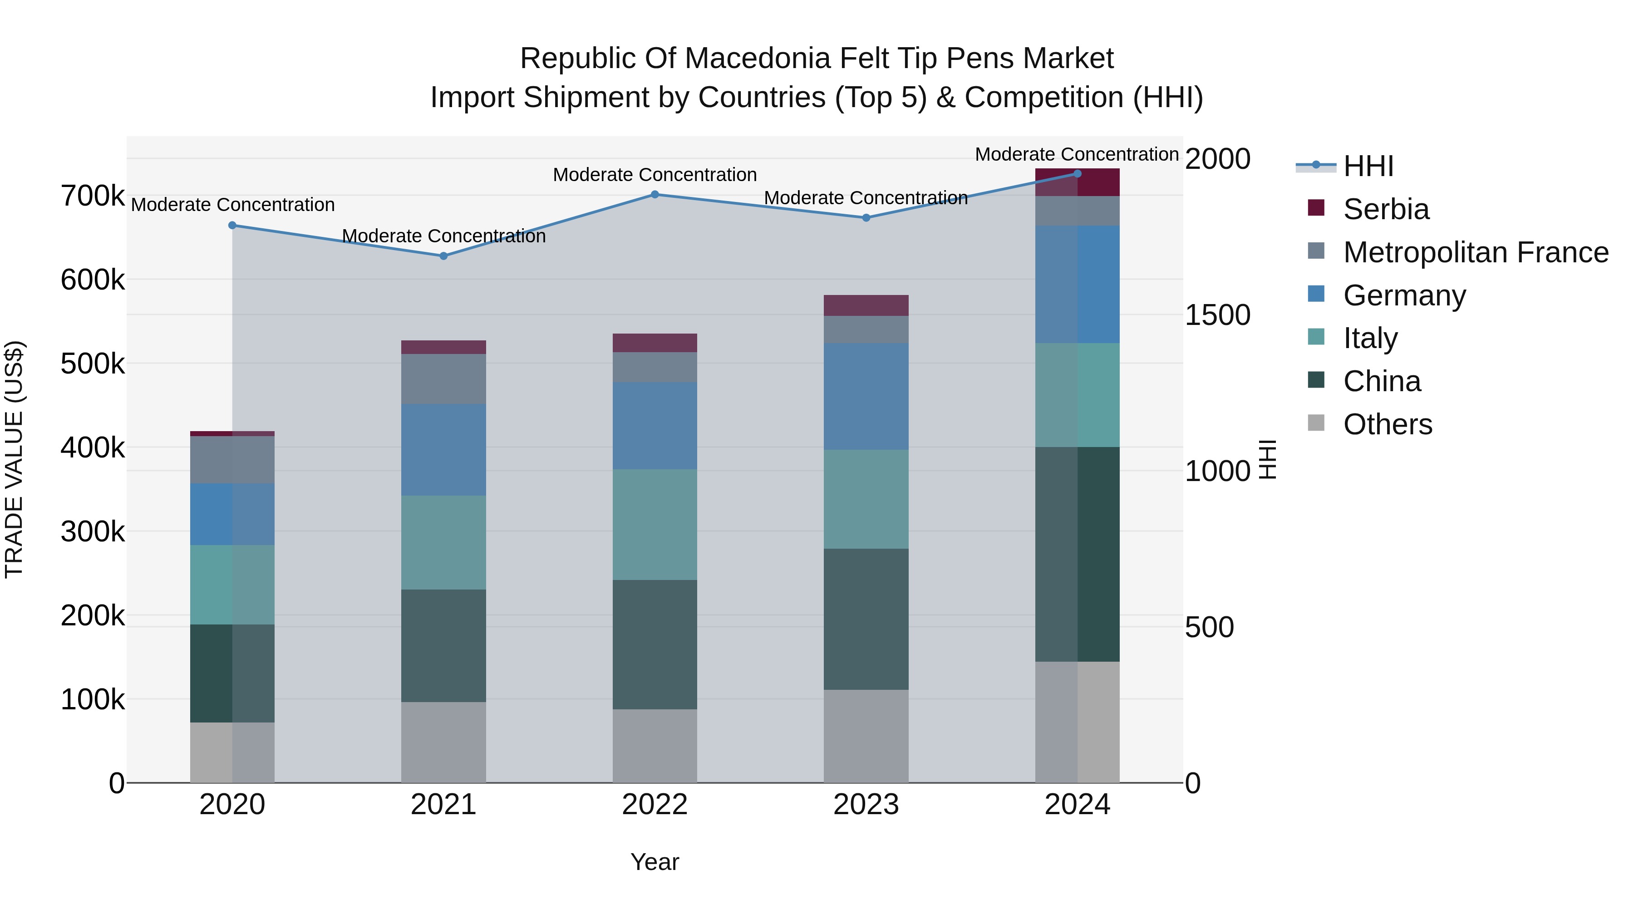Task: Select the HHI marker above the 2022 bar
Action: coord(655,195)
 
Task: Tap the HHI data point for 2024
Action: coord(1077,174)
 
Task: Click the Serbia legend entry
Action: coord(1386,209)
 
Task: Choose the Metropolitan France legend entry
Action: coord(1476,252)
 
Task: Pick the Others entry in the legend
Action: coord(1387,424)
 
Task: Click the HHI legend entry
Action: coord(1368,166)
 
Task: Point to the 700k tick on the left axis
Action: coord(93,196)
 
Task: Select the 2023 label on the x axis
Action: coord(866,805)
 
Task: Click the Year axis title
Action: coord(655,862)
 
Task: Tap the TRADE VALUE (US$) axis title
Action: coord(14,459)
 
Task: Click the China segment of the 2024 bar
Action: coord(1077,554)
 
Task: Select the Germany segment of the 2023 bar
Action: coord(866,396)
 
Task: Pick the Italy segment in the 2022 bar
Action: coord(655,525)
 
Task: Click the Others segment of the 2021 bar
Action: coord(443,742)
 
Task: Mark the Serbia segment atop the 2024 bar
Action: coord(1077,182)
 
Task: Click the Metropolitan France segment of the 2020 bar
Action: coord(232,460)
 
